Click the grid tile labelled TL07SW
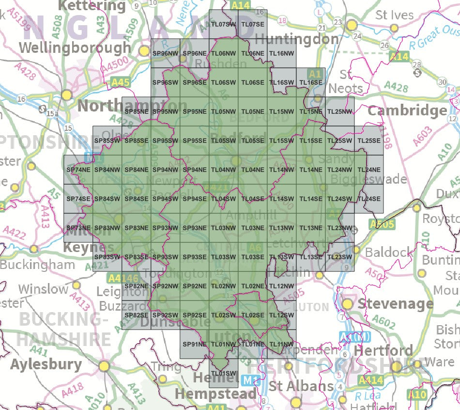coord(224,24)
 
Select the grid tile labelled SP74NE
coord(78,170)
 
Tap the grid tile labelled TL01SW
coord(224,373)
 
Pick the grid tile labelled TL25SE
coord(369,141)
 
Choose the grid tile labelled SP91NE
coord(195,344)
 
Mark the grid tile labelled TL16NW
coord(282,53)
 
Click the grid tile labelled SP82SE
coord(137,315)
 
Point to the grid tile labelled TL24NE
coord(369,170)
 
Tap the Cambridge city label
coord(407,110)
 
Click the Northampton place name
coord(132,106)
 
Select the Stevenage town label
coord(395,304)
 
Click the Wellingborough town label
coord(76,47)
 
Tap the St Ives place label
coord(395,15)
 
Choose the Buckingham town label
coord(37,265)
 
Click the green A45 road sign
coord(120,82)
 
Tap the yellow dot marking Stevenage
coord(348,304)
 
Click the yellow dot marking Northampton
coord(66,95)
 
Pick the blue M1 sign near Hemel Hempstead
coord(248,381)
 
